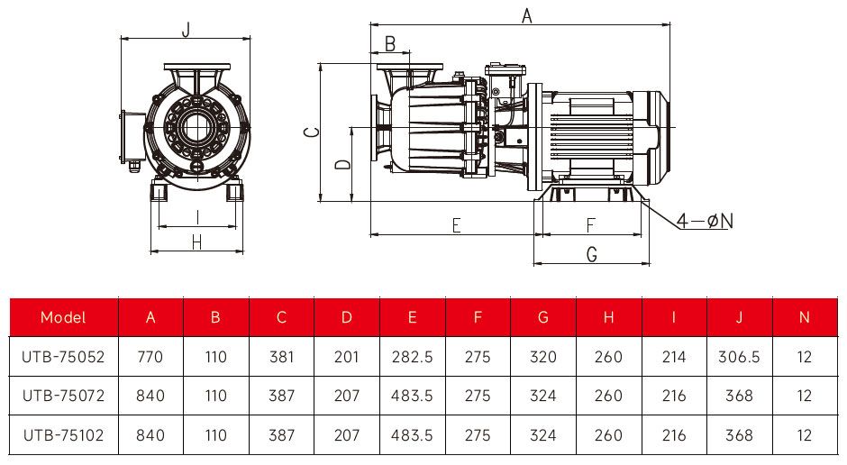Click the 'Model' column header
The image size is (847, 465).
[63, 317]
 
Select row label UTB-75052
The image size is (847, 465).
[63, 357]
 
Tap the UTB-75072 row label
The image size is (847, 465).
[63, 396]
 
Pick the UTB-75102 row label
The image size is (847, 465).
[63, 435]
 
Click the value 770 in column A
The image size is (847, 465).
[150, 357]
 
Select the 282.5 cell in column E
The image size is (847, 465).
[412, 357]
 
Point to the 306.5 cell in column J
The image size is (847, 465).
[739, 357]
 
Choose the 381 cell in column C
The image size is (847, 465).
[282, 357]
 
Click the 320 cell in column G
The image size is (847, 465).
[542, 357]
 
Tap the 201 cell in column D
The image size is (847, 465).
[346, 357]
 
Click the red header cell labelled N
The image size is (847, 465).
[804, 317]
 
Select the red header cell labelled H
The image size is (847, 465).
[609, 317]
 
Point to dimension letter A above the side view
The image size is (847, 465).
[528, 15]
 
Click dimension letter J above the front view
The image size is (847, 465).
[186, 29]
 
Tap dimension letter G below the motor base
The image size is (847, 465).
[592, 255]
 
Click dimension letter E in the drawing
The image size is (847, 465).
[456, 225]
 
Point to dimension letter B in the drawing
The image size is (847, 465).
[390, 43]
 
